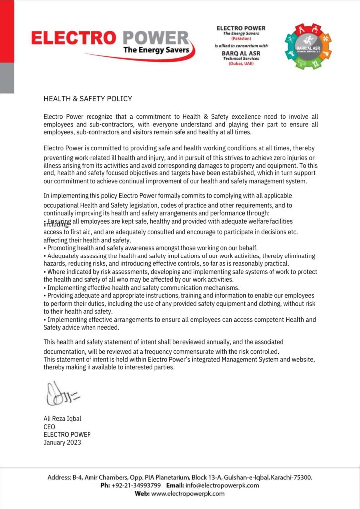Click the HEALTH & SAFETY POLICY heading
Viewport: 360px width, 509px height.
click(x=88, y=99)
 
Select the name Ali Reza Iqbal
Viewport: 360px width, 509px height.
click(x=62, y=419)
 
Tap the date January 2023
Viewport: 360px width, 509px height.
click(x=62, y=442)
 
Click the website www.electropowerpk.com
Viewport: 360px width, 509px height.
click(x=187, y=494)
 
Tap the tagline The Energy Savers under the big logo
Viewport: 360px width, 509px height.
click(x=156, y=50)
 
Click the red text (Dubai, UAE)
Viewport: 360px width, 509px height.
click(x=241, y=63)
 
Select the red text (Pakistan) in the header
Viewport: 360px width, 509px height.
click(x=241, y=38)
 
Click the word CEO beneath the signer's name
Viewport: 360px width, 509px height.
click(x=49, y=427)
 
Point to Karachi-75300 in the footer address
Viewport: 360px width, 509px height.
click(x=291, y=477)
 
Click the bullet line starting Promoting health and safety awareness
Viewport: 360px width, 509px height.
click(x=150, y=248)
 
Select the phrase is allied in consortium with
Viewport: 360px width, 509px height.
click(x=241, y=46)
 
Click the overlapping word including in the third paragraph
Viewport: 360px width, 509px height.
click(x=58, y=224)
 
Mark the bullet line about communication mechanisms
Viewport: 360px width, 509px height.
click(x=141, y=288)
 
